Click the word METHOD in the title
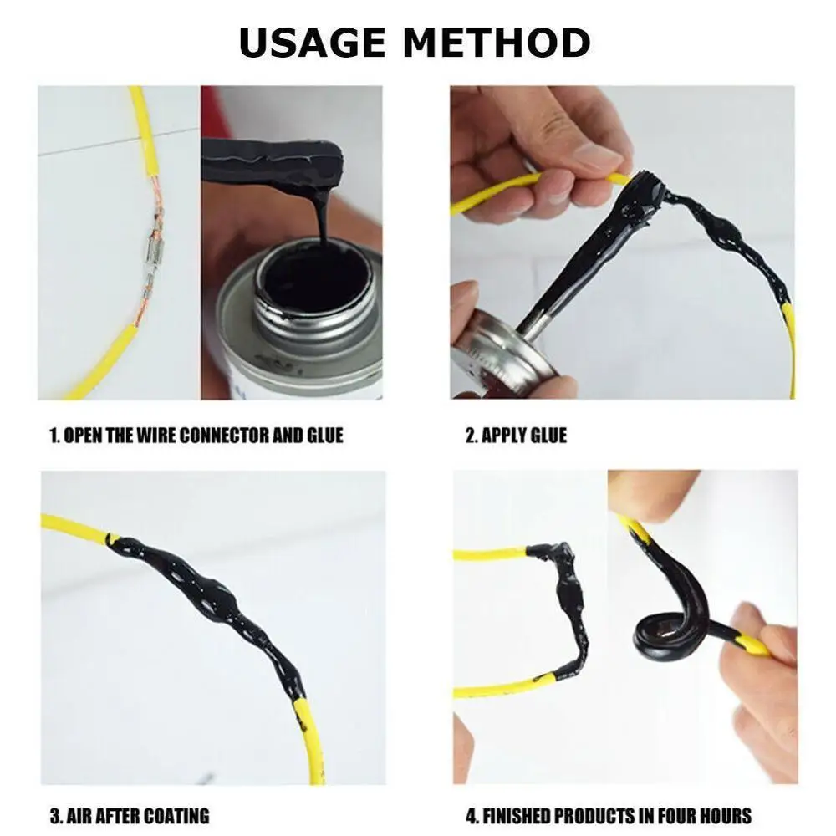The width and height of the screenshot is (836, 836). point(507,43)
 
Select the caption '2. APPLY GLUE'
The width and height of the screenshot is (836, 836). point(515,436)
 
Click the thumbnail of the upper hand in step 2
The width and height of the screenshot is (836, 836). point(594,155)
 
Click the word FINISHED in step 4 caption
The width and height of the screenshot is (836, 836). point(523,815)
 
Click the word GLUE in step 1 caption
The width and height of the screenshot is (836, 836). point(324,436)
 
